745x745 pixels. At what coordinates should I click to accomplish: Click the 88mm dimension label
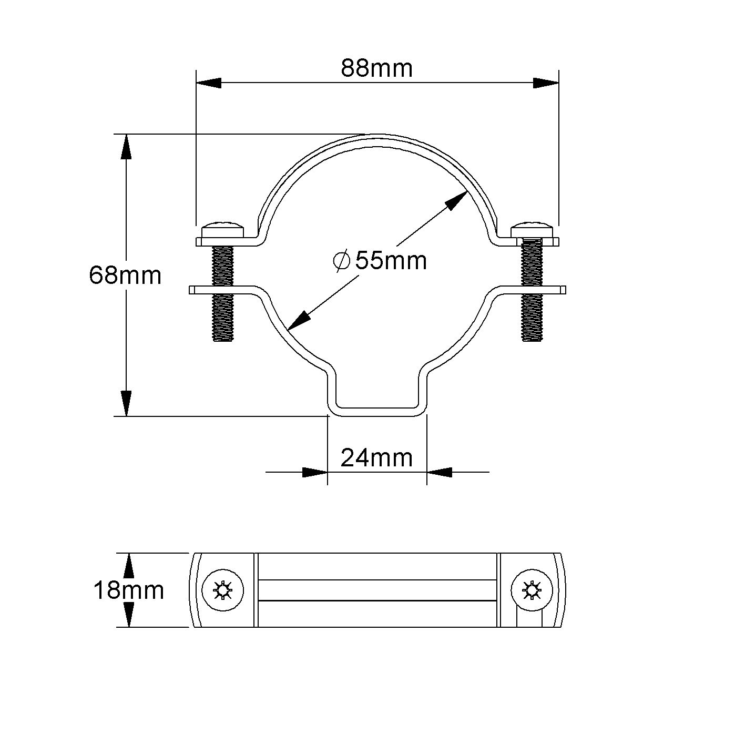376,68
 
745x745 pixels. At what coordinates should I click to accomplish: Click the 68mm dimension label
125,275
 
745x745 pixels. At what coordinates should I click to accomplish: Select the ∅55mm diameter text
380,260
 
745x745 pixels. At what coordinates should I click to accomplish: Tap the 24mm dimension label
376,458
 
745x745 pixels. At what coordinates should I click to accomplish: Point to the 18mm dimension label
128,590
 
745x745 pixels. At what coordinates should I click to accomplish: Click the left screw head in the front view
222,230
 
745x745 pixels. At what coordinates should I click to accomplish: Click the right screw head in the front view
532,230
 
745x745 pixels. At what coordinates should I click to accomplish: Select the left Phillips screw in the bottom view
223,590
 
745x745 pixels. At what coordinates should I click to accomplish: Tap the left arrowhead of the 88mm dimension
208,83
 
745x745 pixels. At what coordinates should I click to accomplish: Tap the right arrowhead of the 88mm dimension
546,83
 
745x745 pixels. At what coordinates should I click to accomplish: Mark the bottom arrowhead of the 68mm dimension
126,403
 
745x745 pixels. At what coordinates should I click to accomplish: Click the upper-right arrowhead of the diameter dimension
457,200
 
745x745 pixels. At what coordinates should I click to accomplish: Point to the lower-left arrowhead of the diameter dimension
298,320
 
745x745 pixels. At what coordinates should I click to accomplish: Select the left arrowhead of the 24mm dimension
315,472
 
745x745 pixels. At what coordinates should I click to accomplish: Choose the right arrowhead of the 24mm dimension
439,472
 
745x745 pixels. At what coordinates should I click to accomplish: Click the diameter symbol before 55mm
342,260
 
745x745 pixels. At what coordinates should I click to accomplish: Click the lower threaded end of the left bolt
223,321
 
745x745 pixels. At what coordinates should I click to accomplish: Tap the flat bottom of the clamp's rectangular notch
376,407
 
